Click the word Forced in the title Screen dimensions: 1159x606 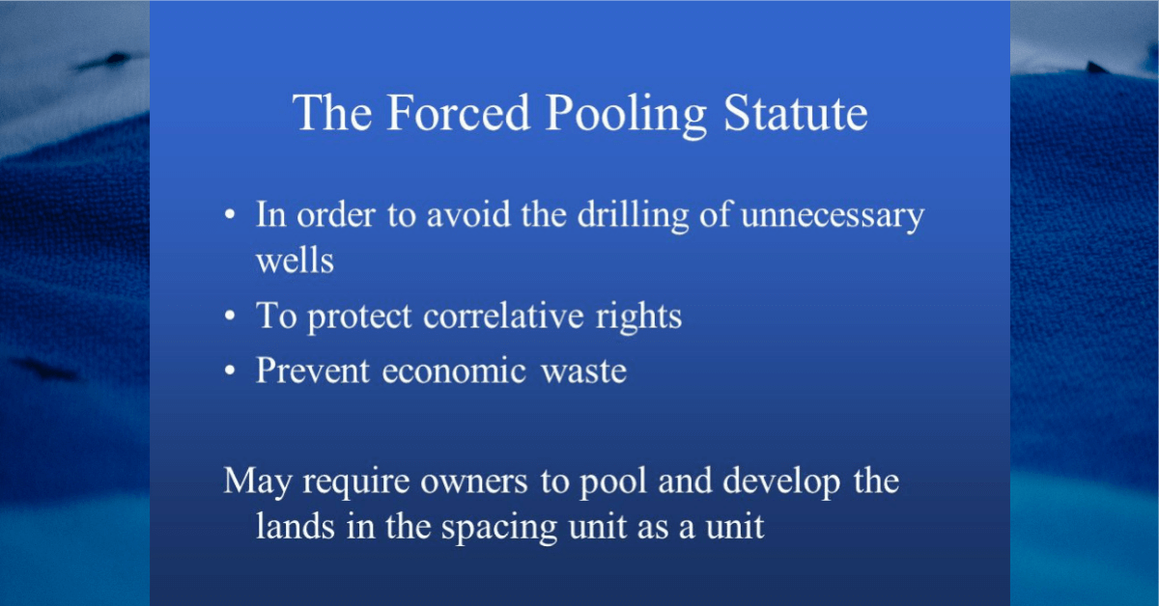tap(459, 112)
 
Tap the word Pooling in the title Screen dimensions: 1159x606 tap(626, 115)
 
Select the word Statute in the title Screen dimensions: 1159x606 tap(795, 112)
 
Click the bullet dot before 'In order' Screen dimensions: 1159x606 tap(230, 214)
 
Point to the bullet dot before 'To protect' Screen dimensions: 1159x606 tap(230, 315)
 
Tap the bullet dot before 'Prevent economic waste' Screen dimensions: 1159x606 tap(230, 370)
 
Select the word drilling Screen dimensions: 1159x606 tap(633, 216)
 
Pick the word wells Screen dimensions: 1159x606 tap(295, 260)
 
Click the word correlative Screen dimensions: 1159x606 tap(503, 315)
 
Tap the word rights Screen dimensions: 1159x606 tap(638, 317)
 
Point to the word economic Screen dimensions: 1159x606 tap(454, 371)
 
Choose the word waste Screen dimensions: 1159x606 tap(583, 372)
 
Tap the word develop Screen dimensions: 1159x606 tap(780, 482)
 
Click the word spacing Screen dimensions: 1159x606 tap(498, 529)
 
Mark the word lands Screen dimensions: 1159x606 tap(295, 526)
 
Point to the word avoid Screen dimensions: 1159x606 tap(468, 215)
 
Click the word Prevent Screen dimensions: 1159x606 tap(313, 371)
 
